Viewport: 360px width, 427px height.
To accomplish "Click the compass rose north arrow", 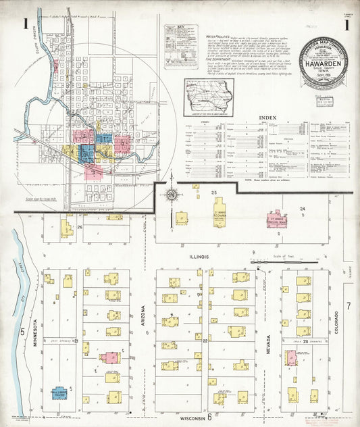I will [172, 195].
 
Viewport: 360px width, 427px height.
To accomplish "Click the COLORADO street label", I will [336, 324].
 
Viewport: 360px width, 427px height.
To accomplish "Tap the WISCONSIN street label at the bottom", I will [191, 419].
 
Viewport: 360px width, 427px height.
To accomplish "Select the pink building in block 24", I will [277, 220].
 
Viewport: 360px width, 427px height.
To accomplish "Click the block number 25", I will [214, 193].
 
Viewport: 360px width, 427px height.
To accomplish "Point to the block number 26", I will [79, 227].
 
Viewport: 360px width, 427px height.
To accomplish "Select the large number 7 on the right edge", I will [349, 306].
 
